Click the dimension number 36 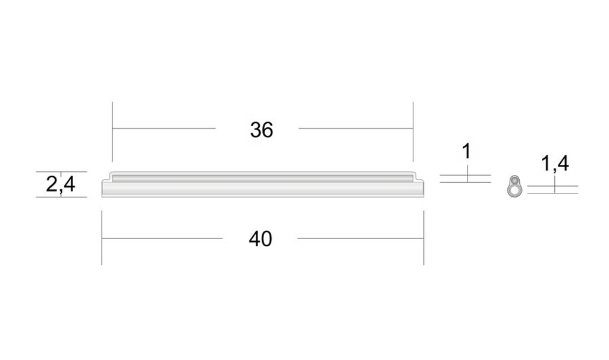click(262, 130)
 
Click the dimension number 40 click(260, 239)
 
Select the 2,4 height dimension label click(61, 184)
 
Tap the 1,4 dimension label click(555, 163)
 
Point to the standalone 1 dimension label click(467, 151)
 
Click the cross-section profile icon click(514, 186)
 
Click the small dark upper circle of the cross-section click(514, 180)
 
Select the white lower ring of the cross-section click(514, 190)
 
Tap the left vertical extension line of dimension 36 click(112, 132)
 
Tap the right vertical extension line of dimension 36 click(413, 132)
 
